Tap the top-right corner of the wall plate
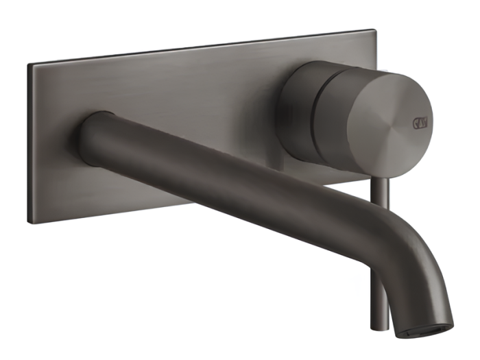click(x=374, y=30)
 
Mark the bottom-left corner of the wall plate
click(x=30, y=221)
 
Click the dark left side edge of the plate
click(x=29, y=144)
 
